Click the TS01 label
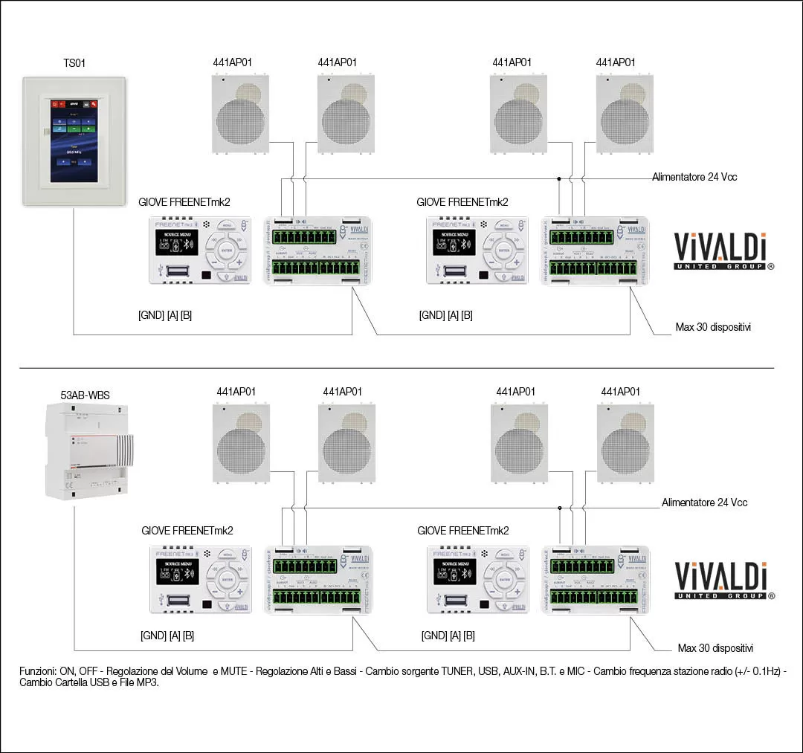pos(74,63)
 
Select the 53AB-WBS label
pos(85,395)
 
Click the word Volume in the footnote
pos(188,671)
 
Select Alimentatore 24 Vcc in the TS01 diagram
pos(694,177)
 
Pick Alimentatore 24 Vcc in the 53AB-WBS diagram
pos(704,502)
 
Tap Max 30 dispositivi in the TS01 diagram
pos(713,326)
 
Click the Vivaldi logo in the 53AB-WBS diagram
pos(724,581)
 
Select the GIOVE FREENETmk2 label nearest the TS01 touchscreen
pos(185,202)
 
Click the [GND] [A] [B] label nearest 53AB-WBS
pos(167,636)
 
